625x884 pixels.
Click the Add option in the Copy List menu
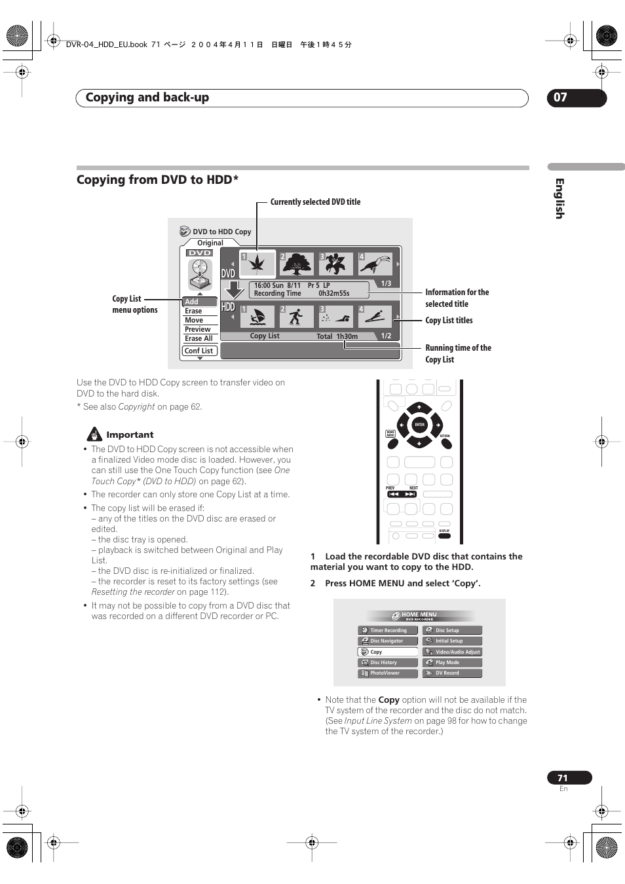[199, 302]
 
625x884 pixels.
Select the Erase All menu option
[199, 338]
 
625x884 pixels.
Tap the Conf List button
[199, 351]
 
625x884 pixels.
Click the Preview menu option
[198, 329]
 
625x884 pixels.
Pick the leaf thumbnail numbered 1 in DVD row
[257, 263]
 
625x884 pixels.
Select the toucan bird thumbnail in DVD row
[376, 264]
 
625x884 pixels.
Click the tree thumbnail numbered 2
[296, 264]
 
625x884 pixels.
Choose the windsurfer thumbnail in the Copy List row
[257, 317]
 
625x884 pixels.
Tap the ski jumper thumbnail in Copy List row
[375, 317]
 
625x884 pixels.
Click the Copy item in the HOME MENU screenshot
[388, 652]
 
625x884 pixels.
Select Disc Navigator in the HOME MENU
[388, 641]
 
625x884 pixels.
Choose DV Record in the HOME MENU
[452, 673]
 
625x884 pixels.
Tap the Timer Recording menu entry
[388, 630]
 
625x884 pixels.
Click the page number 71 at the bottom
[563, 778]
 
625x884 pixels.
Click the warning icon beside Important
[95, 434]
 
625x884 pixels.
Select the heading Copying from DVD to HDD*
[157, 180]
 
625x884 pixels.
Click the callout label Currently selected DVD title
[315, 202]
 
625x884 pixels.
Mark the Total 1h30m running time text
[337, 336]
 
